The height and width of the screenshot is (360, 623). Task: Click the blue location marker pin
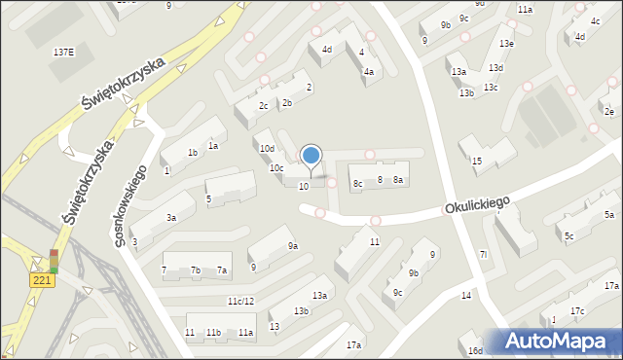[x=311, y=156]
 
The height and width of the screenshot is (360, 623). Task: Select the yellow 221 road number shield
[x=41, y=280]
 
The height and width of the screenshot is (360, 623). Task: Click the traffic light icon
[x=54, y=262]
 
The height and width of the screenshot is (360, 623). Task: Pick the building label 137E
[x=62, y=51]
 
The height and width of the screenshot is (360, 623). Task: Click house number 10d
[x=266, y=148]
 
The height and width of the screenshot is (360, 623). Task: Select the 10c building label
[x=276, y=167]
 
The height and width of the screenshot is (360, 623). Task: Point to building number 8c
[x=357, y=183]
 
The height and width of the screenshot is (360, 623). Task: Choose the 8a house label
[x=398, y=179]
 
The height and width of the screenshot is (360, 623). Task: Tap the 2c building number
[x=263, y=105]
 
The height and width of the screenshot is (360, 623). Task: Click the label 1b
[x=193, y=152]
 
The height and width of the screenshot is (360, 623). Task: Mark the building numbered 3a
[x=170, y=219]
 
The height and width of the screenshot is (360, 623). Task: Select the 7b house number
[x=196, y=270]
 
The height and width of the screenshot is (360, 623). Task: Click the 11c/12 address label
[x=240, y=301]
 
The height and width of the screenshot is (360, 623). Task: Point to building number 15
[x=477, y=161]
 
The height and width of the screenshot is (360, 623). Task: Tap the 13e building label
[x=506, y=44]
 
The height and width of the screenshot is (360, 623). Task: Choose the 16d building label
[x=474, y=350]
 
